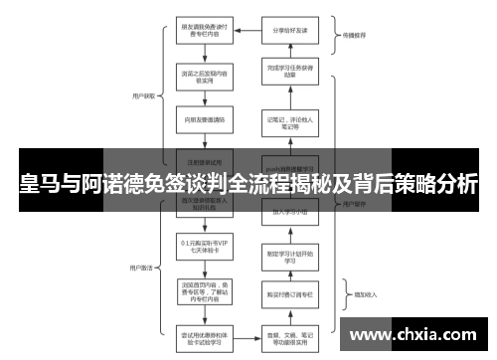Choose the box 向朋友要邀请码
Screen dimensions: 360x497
click(204, 119)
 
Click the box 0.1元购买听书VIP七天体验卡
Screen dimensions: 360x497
click(204, 247)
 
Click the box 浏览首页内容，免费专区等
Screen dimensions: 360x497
click(204, 289)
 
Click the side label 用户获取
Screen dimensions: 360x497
click(142, 96)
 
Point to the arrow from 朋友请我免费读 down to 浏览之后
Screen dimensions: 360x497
click(204, 53)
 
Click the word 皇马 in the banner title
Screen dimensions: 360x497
click(39, 184)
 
